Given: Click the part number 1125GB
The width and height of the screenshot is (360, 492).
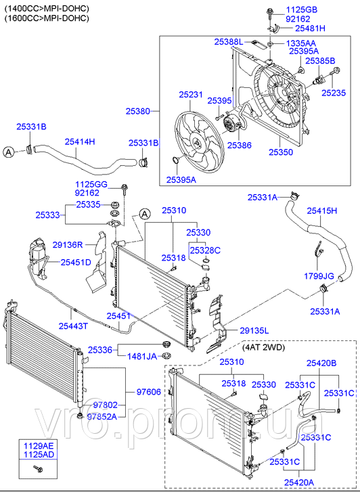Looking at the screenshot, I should coord(302,9).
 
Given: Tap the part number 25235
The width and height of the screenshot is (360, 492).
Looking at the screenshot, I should coord(335,93).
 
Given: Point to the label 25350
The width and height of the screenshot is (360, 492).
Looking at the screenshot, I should coord(280,153).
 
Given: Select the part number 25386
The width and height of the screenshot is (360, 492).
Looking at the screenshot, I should coord(239,145).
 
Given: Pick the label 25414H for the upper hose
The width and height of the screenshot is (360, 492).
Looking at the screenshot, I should coord(80,141).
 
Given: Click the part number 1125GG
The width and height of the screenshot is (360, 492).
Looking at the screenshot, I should coord(91,183).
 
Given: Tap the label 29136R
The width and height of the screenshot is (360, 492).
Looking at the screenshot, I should coord(68,245).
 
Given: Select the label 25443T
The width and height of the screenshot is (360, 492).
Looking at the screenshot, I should coord(71,326).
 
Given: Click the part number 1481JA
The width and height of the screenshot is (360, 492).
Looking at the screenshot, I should coord(142,356).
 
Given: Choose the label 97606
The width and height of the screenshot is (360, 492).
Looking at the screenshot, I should coord(148,392).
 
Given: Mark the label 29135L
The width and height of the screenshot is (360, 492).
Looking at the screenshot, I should coord(254,330).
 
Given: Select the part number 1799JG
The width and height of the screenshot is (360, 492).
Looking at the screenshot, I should coord(319,276).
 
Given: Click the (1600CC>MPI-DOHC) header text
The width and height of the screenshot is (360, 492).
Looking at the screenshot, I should coord(46,18).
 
